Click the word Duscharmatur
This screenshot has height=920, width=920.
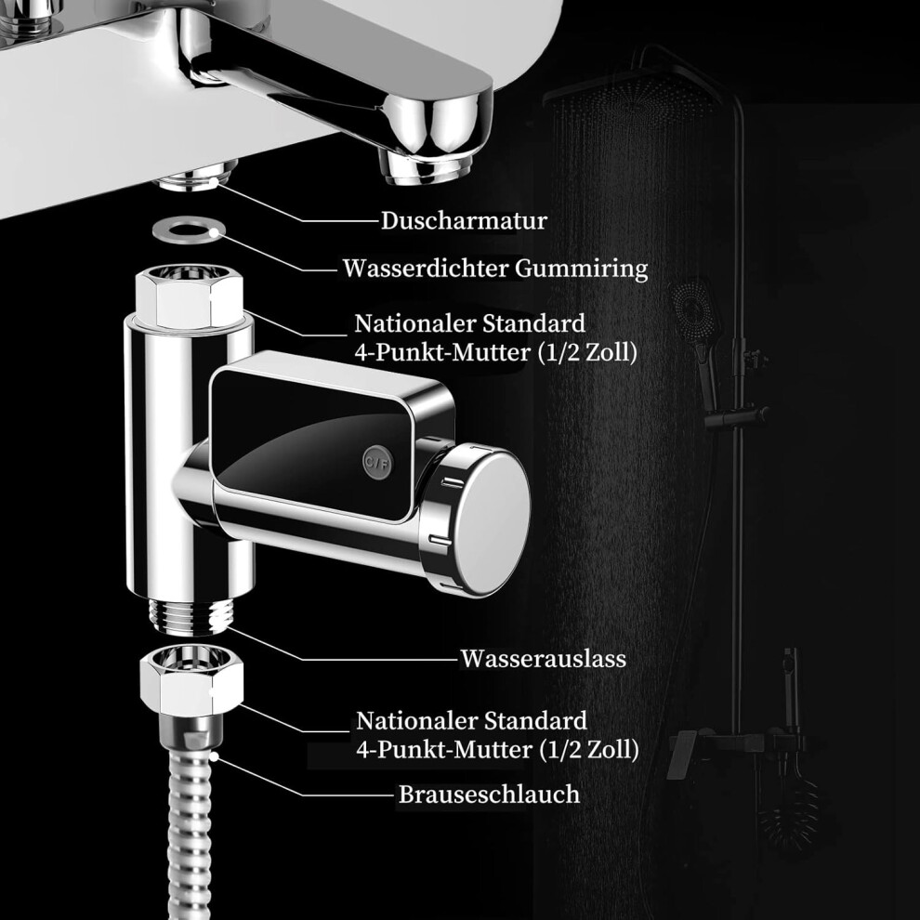tap(464, 221)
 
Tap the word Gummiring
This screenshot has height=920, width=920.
tap(582, 269)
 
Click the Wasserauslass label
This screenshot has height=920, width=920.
tap(543, 658)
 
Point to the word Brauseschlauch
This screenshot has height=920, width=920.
tap(490, 795)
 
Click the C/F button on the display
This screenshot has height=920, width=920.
tap(377, 463)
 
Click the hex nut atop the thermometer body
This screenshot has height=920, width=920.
tap(190, 296)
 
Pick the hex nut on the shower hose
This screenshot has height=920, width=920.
tap(191, 679)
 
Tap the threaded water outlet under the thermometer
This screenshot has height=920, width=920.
tap(191, 616)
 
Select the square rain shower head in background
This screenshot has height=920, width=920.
tap(634, 94)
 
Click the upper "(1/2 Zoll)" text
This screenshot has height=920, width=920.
tap(587, 352)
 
